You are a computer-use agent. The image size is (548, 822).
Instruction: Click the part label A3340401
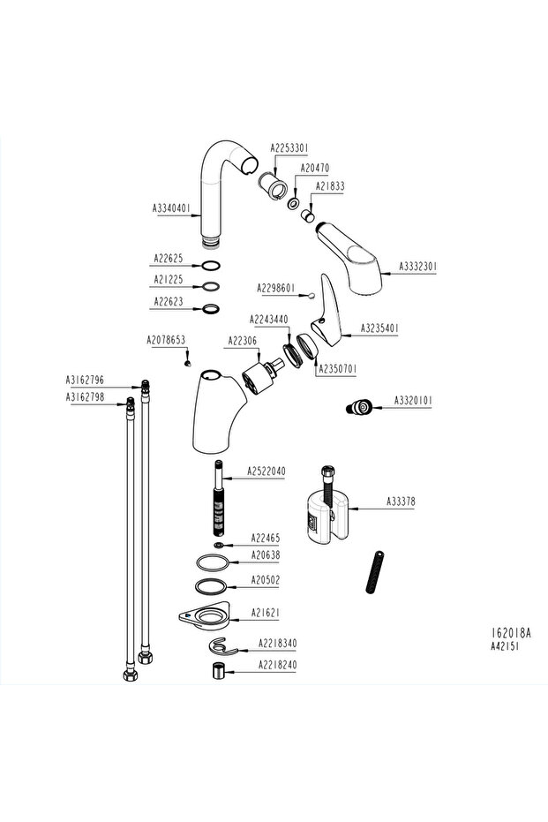pyautogui.click(x=171, y=208)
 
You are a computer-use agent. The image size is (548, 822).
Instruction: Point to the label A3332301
pyautogui.click(x=418, y=265)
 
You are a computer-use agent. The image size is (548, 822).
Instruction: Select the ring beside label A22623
pyautogui.click(x=211, y=309)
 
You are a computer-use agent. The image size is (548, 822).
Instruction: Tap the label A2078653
pyautogui.click(x=165, y=340)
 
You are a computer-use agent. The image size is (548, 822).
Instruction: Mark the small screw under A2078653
pyautogui.click(x=188, y=360)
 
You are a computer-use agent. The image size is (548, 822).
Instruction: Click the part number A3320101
pyautogui.click(x=413, y=402)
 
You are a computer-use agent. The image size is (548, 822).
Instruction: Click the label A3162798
pyautogui.click(x=85, y=397)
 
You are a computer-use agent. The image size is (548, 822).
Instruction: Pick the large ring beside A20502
pyautogui.click(x=212, y=586)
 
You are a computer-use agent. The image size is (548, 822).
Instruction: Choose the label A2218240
pyautogui.click(x=277, y=665)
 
